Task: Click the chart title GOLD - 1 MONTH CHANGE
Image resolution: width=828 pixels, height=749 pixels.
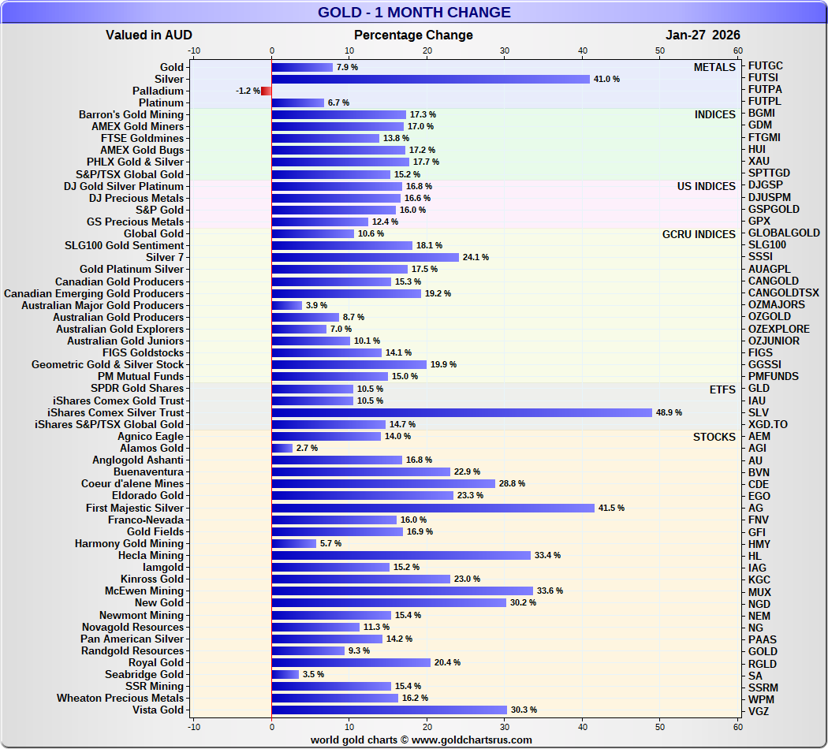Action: (414, 13)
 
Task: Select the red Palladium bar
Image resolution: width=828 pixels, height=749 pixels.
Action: (267, 91)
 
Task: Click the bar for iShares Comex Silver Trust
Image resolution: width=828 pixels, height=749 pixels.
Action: (461, 412)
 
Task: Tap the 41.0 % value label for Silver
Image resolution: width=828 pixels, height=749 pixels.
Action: (606, 80)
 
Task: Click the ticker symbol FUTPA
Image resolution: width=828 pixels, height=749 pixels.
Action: (765, 90)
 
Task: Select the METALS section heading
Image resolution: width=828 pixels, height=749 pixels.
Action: (714, 68)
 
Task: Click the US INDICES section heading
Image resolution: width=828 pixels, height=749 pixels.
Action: (707, 187)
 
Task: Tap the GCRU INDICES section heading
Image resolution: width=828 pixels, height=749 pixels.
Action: (699, 234)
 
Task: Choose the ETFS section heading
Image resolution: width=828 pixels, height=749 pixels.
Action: (722, 389)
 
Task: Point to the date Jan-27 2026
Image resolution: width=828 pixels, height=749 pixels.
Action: (703, 35)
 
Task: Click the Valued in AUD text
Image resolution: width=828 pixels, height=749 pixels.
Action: (149, 35)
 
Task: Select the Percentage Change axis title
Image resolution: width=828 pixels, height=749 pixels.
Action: (413, 35)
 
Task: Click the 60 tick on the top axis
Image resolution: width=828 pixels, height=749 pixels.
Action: (738, 50)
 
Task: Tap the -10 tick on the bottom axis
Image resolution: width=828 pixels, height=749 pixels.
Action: (194, 726)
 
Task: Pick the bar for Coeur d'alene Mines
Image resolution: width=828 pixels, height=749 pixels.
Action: (383, 484)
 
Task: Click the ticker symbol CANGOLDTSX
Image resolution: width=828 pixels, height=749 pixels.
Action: (784, 293)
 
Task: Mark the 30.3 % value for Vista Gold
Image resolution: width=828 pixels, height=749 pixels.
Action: (524, 710)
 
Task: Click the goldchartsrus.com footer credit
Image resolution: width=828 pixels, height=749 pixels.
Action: (421, 740)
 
